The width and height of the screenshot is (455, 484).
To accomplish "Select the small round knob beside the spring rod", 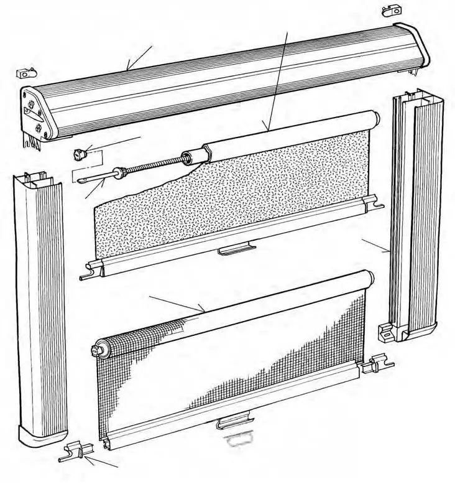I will [x=79, y=153].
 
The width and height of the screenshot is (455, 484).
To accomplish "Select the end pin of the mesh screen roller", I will [x=97, y=351].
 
